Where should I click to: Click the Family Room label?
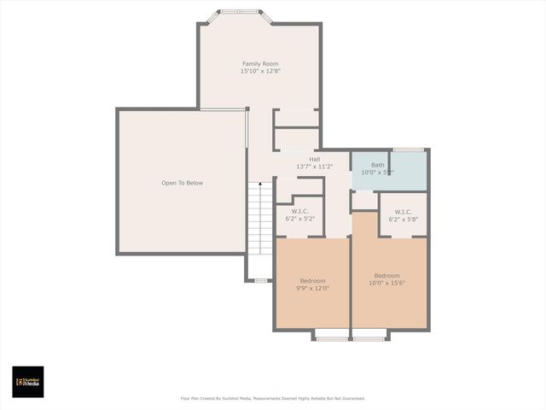click(x=260, y=64)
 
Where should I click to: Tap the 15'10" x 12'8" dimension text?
click(x=260, y=71)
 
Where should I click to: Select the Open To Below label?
click(x=183, y=183)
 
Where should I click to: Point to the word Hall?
click(x=314, y=160)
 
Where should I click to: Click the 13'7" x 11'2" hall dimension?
click(x=314, y=167)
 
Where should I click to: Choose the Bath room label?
click(x=377, y=165)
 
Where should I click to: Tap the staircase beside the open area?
click(x=259, y=218)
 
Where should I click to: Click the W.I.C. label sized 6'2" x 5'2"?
click(x=300, y=212)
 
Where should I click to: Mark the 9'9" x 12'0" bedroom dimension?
click(x=313, y=288)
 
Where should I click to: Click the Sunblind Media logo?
click(x=28, y=382)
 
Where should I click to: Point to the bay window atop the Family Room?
click(x=240, y=12)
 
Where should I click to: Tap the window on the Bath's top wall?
click(x=409, y=149)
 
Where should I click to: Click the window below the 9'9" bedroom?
click(x=332, y=339)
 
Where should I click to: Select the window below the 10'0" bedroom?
click(x=369, y=339)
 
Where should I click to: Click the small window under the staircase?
click(x=260, y=280)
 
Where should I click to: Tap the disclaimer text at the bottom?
click(x=272, y=398)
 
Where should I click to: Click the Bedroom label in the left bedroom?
click(x=313, y=281)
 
